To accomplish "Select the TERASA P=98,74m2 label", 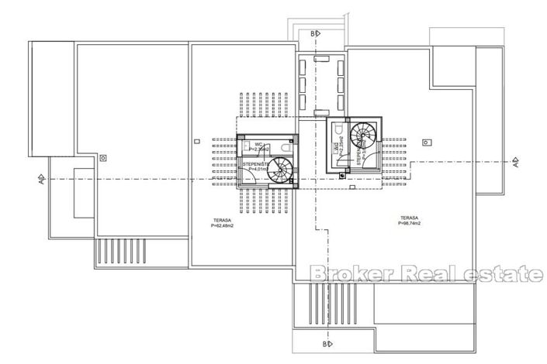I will pos(408,221).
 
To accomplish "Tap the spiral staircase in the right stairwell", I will pos(361,136).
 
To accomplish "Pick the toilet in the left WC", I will pos(286,147).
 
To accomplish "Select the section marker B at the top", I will pos(313,34).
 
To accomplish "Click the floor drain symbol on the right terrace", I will pos(424,142).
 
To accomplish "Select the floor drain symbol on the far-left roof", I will pos(104,157).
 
